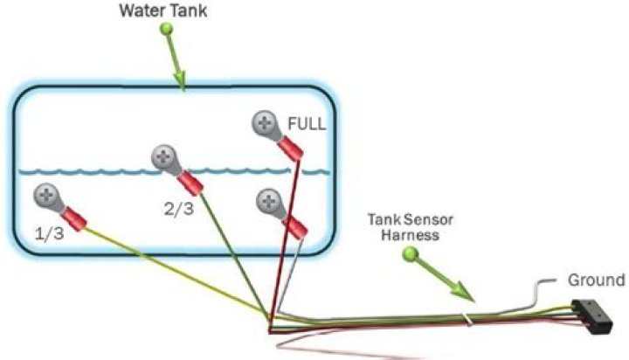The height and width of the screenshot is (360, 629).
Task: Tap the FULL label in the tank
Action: click(308, 125)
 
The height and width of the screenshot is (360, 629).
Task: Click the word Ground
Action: click(597, 280)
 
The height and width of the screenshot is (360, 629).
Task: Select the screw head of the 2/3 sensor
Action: click(164, 158)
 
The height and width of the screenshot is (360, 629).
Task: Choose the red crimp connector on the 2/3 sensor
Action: click(190, 182)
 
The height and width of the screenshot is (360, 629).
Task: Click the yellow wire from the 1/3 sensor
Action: click(175, 273)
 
